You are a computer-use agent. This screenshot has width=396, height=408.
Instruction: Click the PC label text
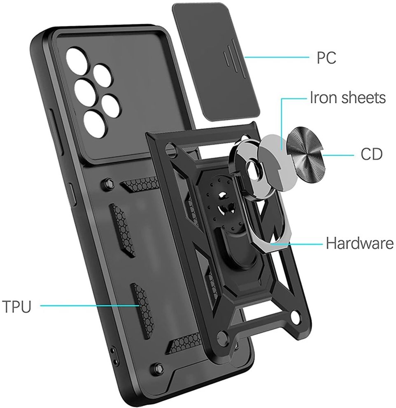tap(326, 58)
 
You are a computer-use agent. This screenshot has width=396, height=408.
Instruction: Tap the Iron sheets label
tap(348, 98)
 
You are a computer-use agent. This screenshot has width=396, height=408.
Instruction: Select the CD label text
tap(371, 154)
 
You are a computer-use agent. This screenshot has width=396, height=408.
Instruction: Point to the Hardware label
tap(360, 243)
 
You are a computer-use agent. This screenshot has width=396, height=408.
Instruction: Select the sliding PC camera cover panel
tap(217, 63)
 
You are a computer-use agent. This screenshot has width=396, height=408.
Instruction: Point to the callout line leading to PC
tap(277, 57)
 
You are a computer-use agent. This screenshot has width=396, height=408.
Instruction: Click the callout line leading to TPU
tap(90, 306)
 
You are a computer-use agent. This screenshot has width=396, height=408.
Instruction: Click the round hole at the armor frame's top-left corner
tap(171, 148)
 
